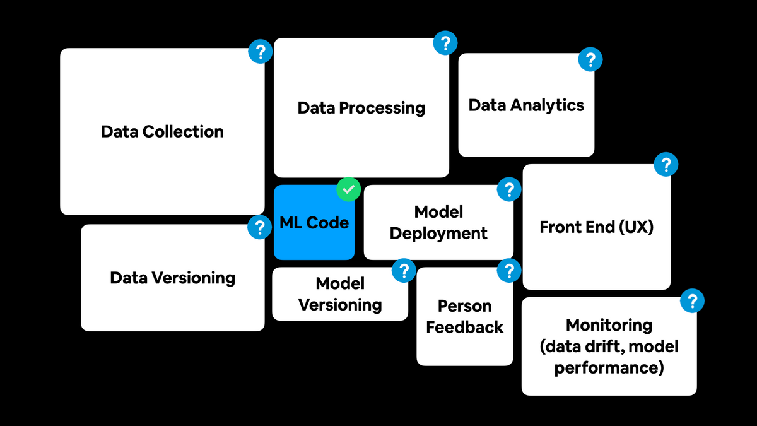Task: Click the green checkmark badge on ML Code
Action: (348, 189)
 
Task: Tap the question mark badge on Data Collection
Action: (260, 51)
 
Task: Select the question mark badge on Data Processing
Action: (445, 44)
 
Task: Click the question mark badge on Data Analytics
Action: (590, 60)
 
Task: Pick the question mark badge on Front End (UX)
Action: (665, 165)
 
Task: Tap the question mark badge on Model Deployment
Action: (509, 189)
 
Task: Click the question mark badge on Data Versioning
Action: (259, 227)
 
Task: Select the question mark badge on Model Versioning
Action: (404, 271)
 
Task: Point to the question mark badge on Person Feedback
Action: (508, 271)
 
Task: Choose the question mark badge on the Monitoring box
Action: (692, 301)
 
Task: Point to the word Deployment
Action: (438, 234)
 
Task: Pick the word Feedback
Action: (465, 328)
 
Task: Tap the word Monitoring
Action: (609, 325)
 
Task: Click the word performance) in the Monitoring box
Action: (609, 368)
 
